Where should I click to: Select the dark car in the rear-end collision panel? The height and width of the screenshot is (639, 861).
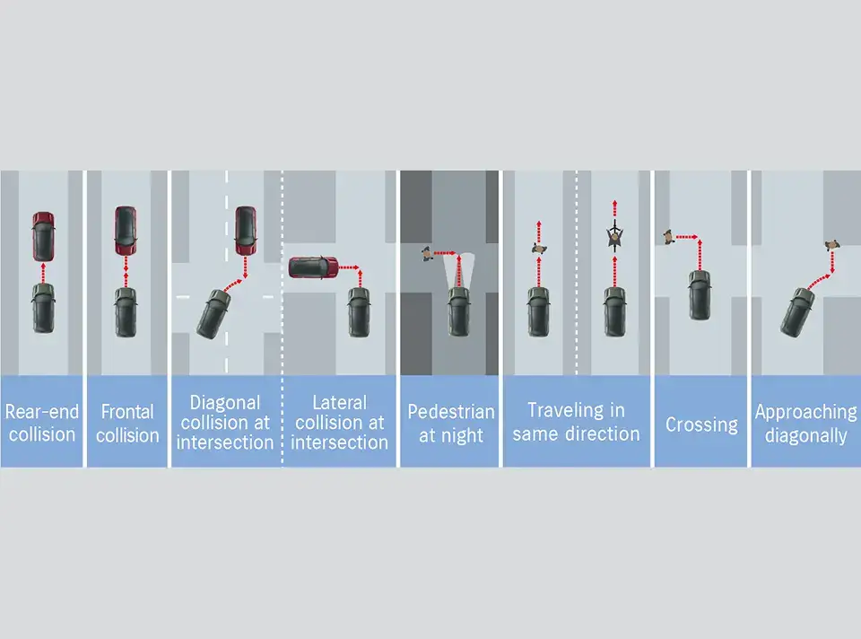pyautogui.click(x=43, y=307)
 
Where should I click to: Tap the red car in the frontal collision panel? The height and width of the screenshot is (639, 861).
pyautogui.click(x=126, y=231)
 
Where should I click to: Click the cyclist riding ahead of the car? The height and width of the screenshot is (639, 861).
pyautogui.click(x=614, y=236)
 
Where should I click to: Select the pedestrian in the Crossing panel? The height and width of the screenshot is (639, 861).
pyautogui.click(x=668, y=237)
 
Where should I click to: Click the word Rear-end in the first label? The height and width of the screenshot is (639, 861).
pyautogui.click(x=42, y=413)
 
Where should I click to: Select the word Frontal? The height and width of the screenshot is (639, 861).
pyautogui.click(x=127, y=413)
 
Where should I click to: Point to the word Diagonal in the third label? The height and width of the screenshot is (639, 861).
pyautogui.click(x=225, y=403)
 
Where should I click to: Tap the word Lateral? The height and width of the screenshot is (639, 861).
pyautogui.click(x=340, y=403)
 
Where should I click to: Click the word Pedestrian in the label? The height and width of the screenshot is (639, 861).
pyautogui.click(x=451, y=413)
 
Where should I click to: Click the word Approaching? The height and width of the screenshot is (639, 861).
pyautogui.click(x=805, y=413)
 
